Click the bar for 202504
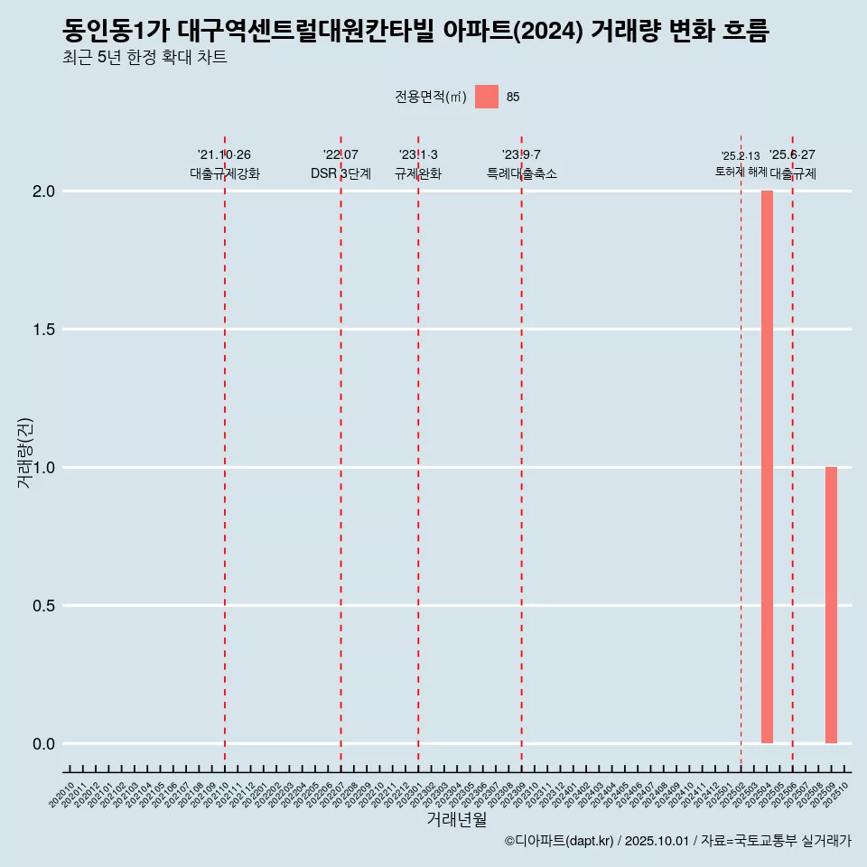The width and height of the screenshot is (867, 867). coord(767,467)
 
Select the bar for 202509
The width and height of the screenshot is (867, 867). coord(831,605)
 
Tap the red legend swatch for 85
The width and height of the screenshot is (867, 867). coord(487,97)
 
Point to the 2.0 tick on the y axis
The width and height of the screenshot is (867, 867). coord(44,191)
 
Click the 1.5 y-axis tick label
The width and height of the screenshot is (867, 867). coord(44,330)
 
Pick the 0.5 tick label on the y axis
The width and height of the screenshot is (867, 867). coord(44,606)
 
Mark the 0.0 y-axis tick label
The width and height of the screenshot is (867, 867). coord(44,744)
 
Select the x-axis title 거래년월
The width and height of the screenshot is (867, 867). coord(456,819)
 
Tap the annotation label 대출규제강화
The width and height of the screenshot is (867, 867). coord(225,173)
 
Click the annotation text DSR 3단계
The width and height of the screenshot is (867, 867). coord(340,173)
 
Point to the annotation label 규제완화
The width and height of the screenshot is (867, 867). coord(418,173)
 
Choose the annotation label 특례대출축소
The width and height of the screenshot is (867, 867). coord(522,173)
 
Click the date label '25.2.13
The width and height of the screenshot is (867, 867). coord(741,155)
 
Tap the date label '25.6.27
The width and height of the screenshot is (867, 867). coord(792,154)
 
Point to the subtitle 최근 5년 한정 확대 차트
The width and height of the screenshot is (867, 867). coord(144,58)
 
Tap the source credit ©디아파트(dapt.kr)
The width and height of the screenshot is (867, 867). coord(560,841)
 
